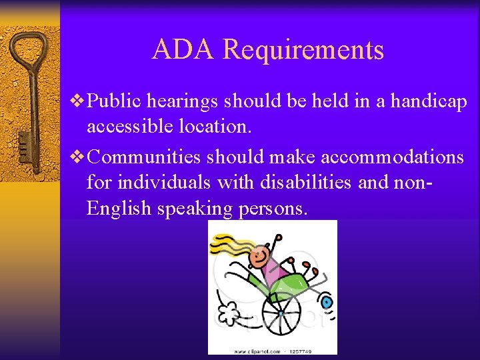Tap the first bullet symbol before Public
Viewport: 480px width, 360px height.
(79, 101)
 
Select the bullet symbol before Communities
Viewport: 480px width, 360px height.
(79, 157)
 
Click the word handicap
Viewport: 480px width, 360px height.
(429, 102)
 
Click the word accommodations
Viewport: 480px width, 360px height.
(392, 157)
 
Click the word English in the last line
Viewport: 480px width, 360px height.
(119, 209)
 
